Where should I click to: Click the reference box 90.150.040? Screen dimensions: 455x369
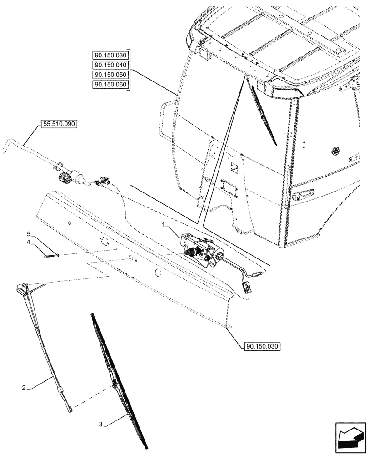click(x=110, y=65)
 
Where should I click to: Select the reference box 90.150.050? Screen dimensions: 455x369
click(x=110, y=75)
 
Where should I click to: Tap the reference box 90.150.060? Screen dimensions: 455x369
click(x=110, y=85)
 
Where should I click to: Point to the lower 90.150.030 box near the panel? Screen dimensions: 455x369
click(x=259, y=346)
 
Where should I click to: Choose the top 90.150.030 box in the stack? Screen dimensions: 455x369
click(x=110, y=55)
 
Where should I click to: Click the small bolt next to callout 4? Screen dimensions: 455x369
click(x=50, y=255)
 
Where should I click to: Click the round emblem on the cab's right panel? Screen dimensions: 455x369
click(x=336, y=151)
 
